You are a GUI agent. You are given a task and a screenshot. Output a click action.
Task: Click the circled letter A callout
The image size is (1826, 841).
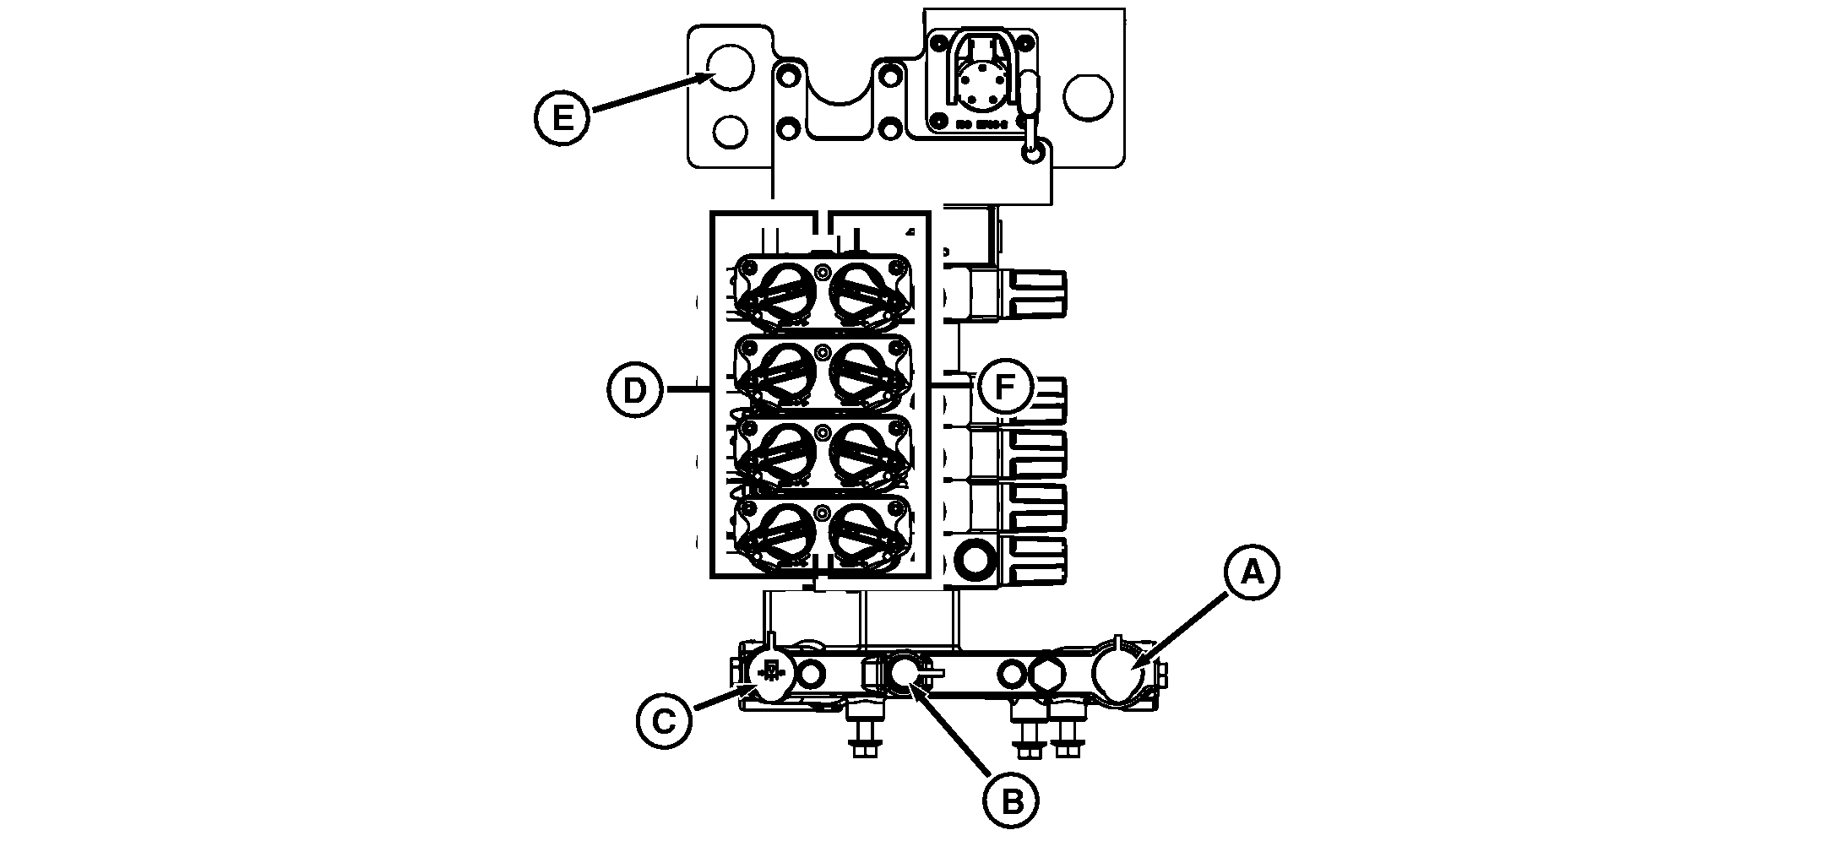(x=1253, y=573)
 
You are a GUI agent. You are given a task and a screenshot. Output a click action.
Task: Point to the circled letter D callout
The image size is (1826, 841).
(x=635, y=389)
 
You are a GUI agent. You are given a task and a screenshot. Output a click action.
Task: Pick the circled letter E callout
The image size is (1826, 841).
(x=562, y=117)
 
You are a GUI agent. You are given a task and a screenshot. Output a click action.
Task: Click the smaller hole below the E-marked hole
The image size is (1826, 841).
(x=730, y=132)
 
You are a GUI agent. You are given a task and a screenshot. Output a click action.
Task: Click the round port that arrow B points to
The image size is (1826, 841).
(x=905, y=672)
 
